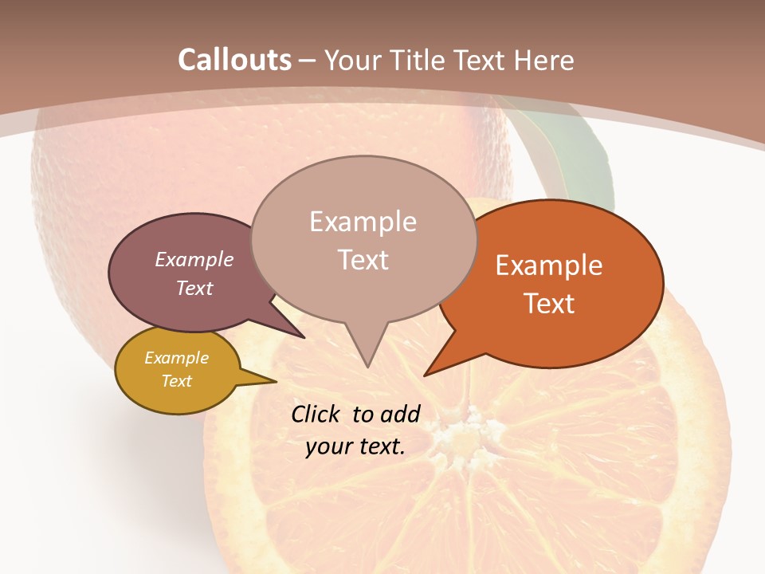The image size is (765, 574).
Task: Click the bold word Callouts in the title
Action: [234, 60]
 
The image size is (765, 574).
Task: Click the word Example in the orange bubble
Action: [549, 265]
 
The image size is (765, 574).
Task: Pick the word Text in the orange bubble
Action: [549, 303]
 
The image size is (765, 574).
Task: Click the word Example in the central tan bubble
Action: [363, 222]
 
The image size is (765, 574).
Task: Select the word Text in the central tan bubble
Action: [363, 260]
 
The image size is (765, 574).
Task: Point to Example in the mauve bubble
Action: [194, 259]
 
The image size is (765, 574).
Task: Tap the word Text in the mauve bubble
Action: [194, 288]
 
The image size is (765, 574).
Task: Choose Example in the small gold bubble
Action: [176, 358]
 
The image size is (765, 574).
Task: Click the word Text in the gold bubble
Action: [176, 381]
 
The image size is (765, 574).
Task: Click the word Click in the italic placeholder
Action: [316, 414]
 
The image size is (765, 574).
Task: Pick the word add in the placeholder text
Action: [399, 414]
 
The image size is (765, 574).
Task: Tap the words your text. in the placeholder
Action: [355, 446]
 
